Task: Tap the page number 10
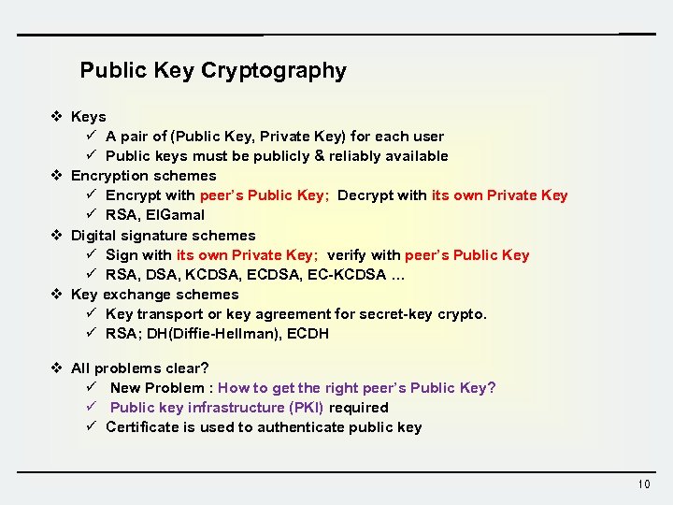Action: coord(643,483)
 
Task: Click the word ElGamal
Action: coord(175,215)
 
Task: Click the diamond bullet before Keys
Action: coord(57,117)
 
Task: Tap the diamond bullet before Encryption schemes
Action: coord(57,176)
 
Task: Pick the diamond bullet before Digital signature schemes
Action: coord(57,236)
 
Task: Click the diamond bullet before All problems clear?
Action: coord(57,368)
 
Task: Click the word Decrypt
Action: coord(365,195)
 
